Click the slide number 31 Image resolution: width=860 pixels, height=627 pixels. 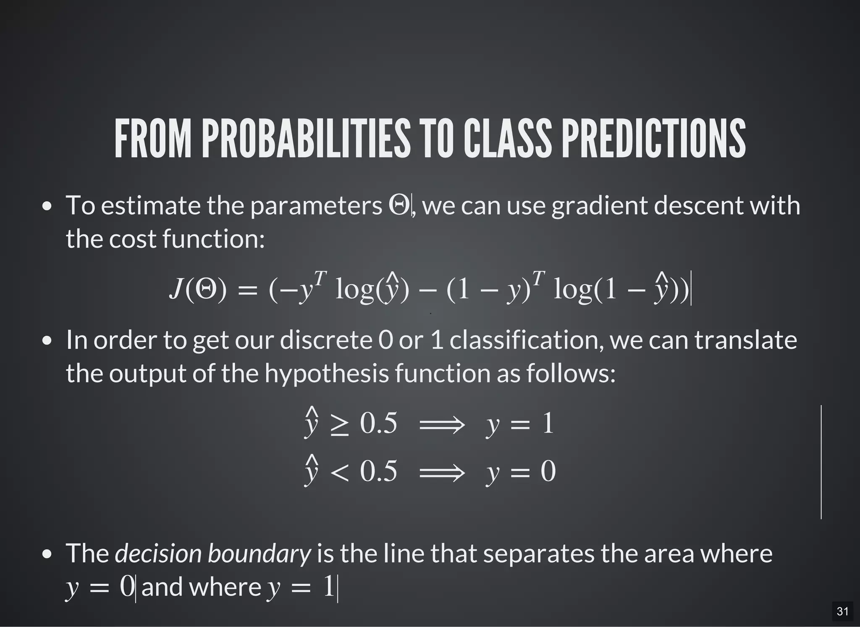[x=842, y=611]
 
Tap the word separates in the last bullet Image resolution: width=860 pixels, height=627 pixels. [x=538, y=554]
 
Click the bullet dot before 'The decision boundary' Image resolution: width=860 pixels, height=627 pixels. [x=47, y=554]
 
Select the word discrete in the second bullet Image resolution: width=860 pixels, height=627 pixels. [x=326, y=340]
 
